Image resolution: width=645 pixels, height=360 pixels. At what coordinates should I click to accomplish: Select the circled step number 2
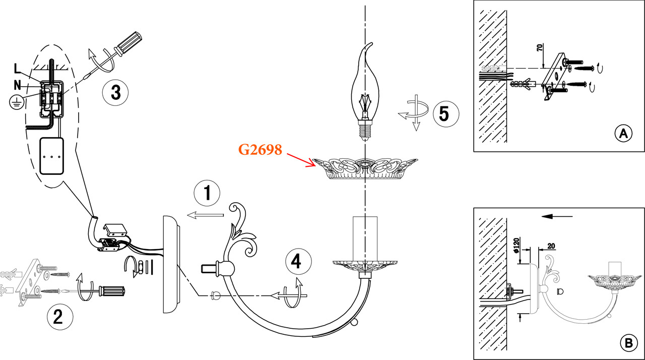[x=58, y=316]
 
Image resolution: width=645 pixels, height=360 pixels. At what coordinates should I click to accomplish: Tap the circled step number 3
[x=115, y=93]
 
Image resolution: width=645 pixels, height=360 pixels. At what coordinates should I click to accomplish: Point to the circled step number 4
[x=298, y=262]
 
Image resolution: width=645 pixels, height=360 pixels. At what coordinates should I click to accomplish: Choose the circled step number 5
[x=443, y=113]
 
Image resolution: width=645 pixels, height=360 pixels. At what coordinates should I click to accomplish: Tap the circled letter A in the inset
[x=623, y=134]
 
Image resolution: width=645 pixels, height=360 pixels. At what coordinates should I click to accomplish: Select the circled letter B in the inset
[x=627, y=343]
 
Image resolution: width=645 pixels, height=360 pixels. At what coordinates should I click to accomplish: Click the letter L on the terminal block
[x=18, y=68]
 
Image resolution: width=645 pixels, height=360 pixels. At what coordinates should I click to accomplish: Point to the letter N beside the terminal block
[x=17, y=85]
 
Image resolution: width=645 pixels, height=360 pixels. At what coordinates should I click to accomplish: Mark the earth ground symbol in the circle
[x=16, y=102]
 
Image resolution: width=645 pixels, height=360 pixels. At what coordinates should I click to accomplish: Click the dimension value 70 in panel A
[x=539, y=48]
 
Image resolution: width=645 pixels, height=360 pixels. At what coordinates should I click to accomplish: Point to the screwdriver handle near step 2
[x=111, y=291]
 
